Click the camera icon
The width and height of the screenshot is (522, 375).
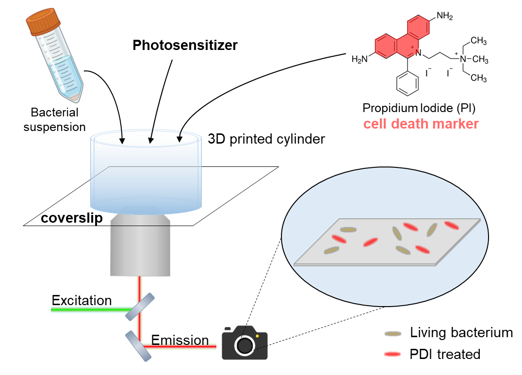[x=245, y=343]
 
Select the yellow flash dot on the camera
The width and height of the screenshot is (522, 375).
[x=258, y=335]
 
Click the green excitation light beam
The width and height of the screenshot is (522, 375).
[x=87, y=309]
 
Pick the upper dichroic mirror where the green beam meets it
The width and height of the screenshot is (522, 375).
[x=139, y=307]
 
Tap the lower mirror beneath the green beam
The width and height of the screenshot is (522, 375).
[x=139, y=346]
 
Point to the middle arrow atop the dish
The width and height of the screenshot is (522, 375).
[x=151, y=137]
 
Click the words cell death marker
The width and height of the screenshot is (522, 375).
[x=421, y=124]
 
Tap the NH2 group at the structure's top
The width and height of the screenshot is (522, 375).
[x=444, y=16]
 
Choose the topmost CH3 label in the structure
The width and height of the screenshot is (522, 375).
[x=478, y=41]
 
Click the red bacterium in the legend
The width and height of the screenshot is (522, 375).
[x=392, y=354]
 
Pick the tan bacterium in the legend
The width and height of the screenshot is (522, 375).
[x=392, y=334]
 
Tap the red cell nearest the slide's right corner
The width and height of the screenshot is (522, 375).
[x=451, y=225]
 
